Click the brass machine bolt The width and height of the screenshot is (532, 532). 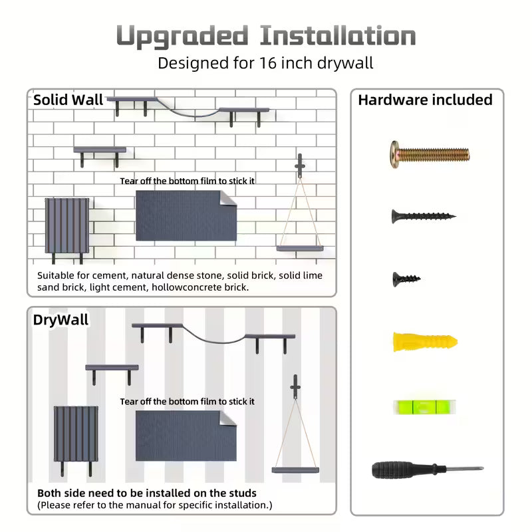tap(429, 155)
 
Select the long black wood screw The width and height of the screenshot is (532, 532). tap(424, 215)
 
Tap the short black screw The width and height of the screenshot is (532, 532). tap(406, 279)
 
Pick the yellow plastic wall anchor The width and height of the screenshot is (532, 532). tap(425, 342)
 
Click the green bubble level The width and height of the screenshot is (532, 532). tap(424, 407)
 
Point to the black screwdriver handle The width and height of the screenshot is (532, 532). tap(402, 469)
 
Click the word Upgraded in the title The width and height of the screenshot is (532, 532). tap(182, 37)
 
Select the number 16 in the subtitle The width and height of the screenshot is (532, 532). tap(268, 63)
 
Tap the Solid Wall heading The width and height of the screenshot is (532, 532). tap(68, 100)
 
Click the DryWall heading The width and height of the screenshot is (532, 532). tap(61, 320)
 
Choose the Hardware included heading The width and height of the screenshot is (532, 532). tap(425, 100)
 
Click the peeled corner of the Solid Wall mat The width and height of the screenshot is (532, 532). tap(228, 198)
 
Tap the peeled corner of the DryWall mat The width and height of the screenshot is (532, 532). tap(228, 418)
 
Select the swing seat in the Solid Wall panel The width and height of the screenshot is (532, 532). tap(300, 248)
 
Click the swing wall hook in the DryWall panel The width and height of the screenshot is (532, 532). tap(295, 387)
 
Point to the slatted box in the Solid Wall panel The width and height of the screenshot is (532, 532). tap(67, 225)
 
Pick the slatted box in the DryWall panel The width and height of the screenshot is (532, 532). tap(76, 434)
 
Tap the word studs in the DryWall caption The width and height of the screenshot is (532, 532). tap(243, 493)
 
